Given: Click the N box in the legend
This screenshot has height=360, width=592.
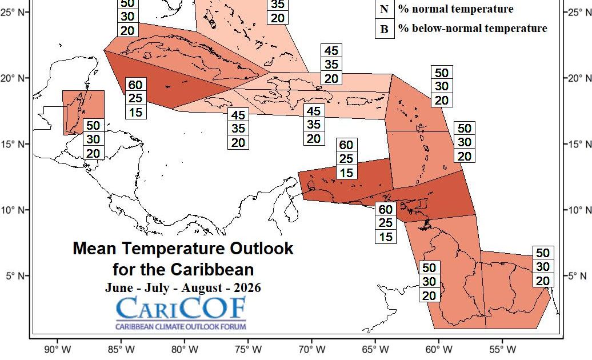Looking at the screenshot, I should pos(384,9).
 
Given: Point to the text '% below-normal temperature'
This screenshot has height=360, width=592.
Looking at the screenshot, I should pos(473,29).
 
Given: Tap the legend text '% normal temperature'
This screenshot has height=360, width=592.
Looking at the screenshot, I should pos(455,9).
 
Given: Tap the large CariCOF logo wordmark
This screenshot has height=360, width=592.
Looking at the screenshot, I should pos(181,309).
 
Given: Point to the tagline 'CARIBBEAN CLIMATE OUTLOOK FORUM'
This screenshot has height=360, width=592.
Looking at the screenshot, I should pos(181,327).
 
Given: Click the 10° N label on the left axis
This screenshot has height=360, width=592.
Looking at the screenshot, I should pos(14,210).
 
